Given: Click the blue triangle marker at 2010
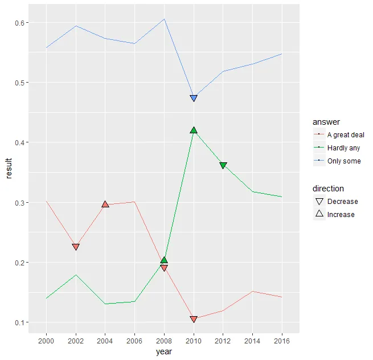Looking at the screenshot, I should pyautogui.click(x=194, y=99).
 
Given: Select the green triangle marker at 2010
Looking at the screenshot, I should pyautogui.click(x=194, y=130).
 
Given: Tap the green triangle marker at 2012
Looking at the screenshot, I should pyautogui.click(x=223, y=165).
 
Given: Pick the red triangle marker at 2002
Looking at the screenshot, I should pyautogui.click(x=76, y=247).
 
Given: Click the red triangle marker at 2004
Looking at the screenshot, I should pyautogui.click(x=105, y=204).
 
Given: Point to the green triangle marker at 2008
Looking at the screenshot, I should pyautogui.click(x=164, y=260).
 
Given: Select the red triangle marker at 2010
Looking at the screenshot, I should pyautogui.click(x=194, y=320).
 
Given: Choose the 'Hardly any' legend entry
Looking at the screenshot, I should pyautogui.click(x=343, y=148).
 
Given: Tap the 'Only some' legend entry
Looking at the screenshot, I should pyautogui.click(x=344, y=161).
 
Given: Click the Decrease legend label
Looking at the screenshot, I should pyautogui.click(x=343, y=202).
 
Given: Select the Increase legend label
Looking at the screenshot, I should pyautogui.click(x=341, y=215).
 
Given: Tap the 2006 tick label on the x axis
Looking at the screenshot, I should pyautogui.click(x=134, y=341).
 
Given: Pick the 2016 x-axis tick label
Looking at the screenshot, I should pyautogui.click(x=282, y=341).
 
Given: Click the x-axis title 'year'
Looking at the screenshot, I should pyautogui.click(x=164, y=352).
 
